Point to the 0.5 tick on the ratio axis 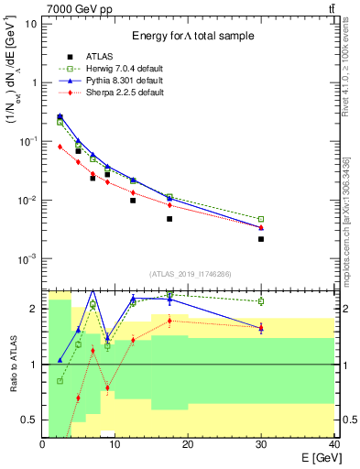click(x=31, y=420)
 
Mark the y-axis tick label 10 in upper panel click(x=30, y=24)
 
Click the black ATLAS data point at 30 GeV click(x=261, y=239)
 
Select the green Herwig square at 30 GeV click(x=261, y=219)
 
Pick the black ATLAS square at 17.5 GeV click(x=169, y=219)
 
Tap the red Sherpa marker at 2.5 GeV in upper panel click(x=60, y=147)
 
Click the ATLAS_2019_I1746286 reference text click(x=190, y=273)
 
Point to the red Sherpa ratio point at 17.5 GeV click(x=169, y=321)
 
